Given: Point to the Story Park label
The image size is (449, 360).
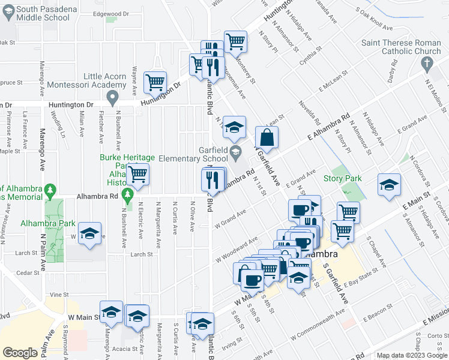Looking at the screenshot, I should [x=343, y=178].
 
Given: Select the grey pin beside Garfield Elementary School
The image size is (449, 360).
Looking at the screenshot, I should [x=236, y=151].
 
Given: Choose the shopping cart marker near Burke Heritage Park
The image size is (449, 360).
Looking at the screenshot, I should [x=138, y=175].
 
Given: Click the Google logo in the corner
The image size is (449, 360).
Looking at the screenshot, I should [x=20, y=353].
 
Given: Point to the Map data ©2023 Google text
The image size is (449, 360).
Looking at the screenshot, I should [x=412, y=355].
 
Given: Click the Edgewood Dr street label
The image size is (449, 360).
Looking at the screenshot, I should [x=111, y=13].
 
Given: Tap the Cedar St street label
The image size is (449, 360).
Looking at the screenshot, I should [x=28, y=272].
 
